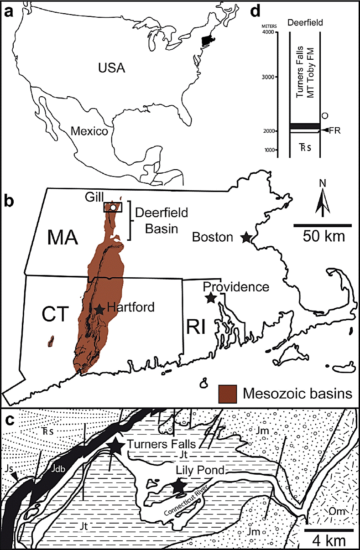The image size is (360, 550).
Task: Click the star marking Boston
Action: (x=246, y=237)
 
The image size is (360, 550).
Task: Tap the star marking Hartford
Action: (x=99, y=309)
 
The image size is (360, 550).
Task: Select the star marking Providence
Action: (x=210, y=298)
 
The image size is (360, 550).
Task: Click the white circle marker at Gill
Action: (x=112, y=208)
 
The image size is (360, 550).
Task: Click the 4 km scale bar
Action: (x=329, y=530)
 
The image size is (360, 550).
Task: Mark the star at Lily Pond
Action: (x=179, y=487)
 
